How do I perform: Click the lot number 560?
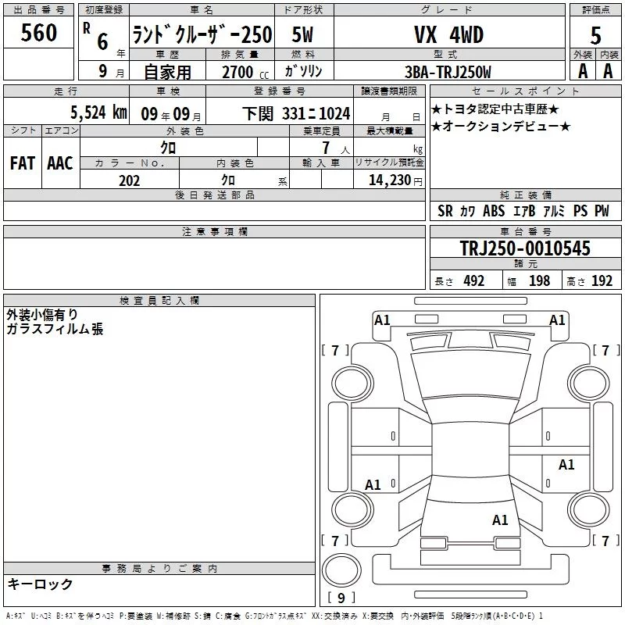[38, 32]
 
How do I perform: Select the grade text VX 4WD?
[448, 34]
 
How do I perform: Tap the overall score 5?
[595, 35]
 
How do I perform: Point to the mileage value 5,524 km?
[99, 112]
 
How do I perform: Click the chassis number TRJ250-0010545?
[525, 248]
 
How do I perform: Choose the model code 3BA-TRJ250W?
[448, 72]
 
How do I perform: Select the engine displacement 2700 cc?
[245, 72]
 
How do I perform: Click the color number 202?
[129, 180]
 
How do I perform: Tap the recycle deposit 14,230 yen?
[395, 180]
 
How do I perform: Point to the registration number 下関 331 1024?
[296, 113]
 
